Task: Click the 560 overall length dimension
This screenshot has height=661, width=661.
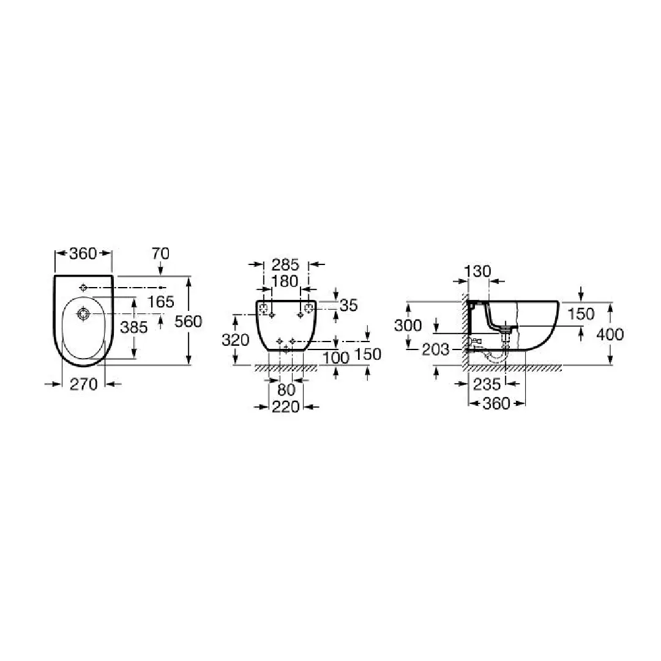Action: [189, 322]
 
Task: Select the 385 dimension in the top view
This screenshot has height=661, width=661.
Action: [134, 327]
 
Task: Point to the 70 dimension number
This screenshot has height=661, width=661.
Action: [160, 254]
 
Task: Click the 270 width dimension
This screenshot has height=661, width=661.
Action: [83, 384]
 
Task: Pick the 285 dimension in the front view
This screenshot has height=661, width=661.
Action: [285, 265]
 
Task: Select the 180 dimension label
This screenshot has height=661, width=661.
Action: [285, 281]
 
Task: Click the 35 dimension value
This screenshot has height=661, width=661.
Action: [349, 305]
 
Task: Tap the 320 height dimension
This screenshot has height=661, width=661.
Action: [235, 340]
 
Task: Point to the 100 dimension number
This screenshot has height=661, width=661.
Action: [336, 358]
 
